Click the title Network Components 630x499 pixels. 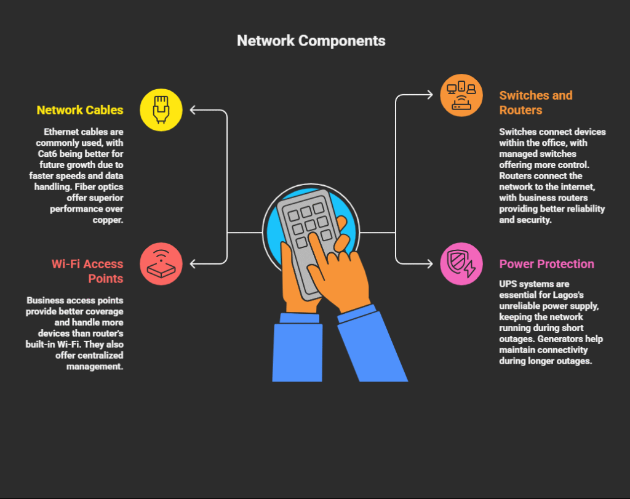pyautogui.click(x=311, y=41)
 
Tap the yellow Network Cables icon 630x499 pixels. pyautogui.click(x=161, y=110)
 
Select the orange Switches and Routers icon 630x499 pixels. pyautogui.click(x=461, y=95)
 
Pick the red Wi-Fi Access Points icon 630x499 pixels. pyautogui.click(x=161, y=263)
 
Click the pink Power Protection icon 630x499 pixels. pyautogui.click(x=461, y=263)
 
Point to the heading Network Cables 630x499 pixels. pyautogui.click(x=80, y=110)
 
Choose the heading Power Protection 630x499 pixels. pyautogui.click(x=546, y=264)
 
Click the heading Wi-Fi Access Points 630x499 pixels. pyautogui.click(x=87, y=271)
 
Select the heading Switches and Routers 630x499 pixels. pyautogui.click(x=535, y=103)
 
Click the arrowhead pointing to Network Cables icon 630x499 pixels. pyautogui.click(x=193, y=110)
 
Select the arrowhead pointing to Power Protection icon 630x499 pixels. pyautogui.click(x=430, y=264)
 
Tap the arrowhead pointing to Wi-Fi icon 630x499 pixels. pyautogui.click(x=193, y=264)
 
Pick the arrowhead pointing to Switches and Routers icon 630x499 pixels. pyautogui.click(x=430, y=95)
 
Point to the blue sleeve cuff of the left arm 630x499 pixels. pyautogui.click(x=300, y=317)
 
